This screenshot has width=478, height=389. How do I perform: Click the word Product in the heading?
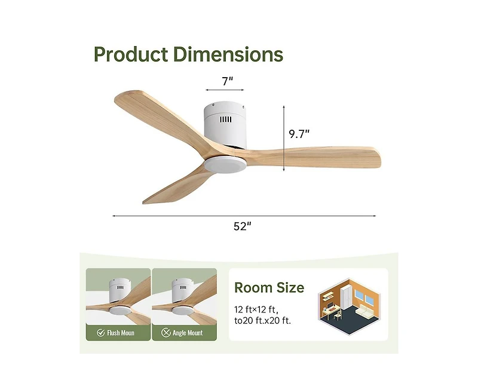click(131, 54)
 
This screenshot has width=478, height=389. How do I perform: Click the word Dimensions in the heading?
click(228, 54)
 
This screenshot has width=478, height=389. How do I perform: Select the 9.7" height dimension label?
click(300, 134)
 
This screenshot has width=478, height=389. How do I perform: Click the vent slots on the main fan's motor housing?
click(225, 120)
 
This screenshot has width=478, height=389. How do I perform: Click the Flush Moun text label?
click(121, 333)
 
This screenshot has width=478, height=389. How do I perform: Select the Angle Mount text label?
click(187, 333)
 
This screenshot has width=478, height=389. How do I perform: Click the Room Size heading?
click(269, 288)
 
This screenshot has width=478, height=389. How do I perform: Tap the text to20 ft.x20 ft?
click(263, 321)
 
